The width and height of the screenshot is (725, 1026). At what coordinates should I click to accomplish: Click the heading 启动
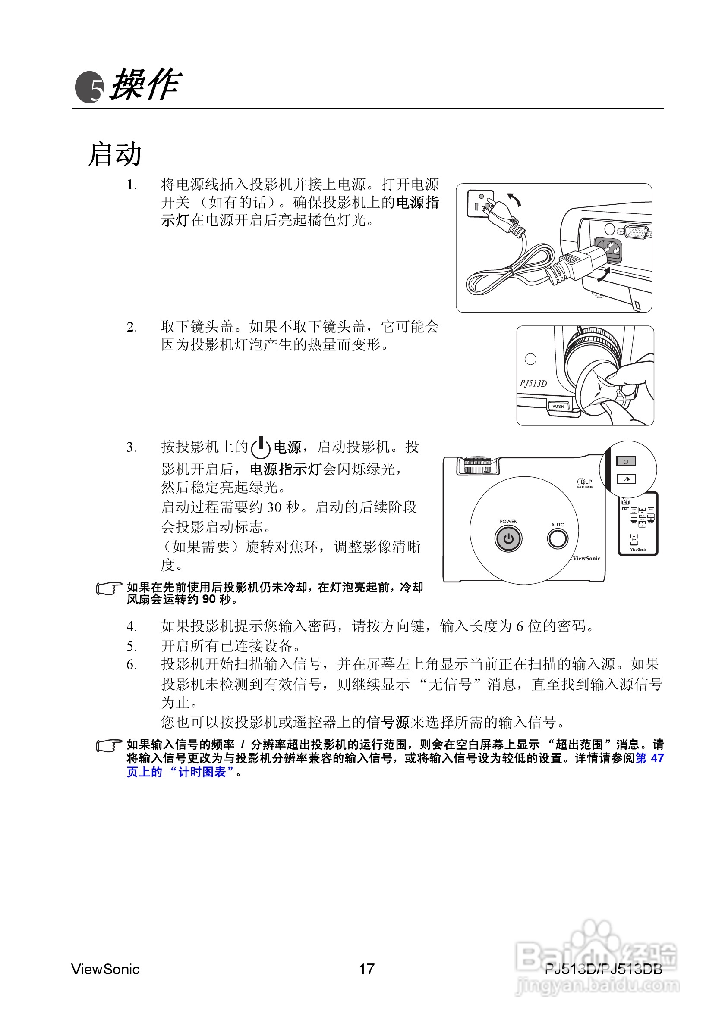(115, 155)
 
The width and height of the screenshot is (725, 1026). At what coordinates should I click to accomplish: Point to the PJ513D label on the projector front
(533, 383)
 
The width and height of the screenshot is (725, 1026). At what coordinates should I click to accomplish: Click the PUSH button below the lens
(558, 406)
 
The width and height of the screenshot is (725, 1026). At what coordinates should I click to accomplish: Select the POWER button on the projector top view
(508, 538)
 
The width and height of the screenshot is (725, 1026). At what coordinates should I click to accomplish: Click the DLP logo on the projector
(585, 482)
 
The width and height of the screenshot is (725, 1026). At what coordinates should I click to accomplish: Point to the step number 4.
(132, 626)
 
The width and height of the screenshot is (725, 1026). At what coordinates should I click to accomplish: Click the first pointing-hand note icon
(109, 589)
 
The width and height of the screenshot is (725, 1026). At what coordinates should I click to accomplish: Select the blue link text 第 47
(649, 758)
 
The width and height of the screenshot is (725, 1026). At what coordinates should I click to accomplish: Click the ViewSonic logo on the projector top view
(586, 559)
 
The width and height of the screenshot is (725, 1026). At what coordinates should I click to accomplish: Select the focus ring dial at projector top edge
(478, 465)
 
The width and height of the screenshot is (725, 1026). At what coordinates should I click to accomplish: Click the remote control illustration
(638, 524)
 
